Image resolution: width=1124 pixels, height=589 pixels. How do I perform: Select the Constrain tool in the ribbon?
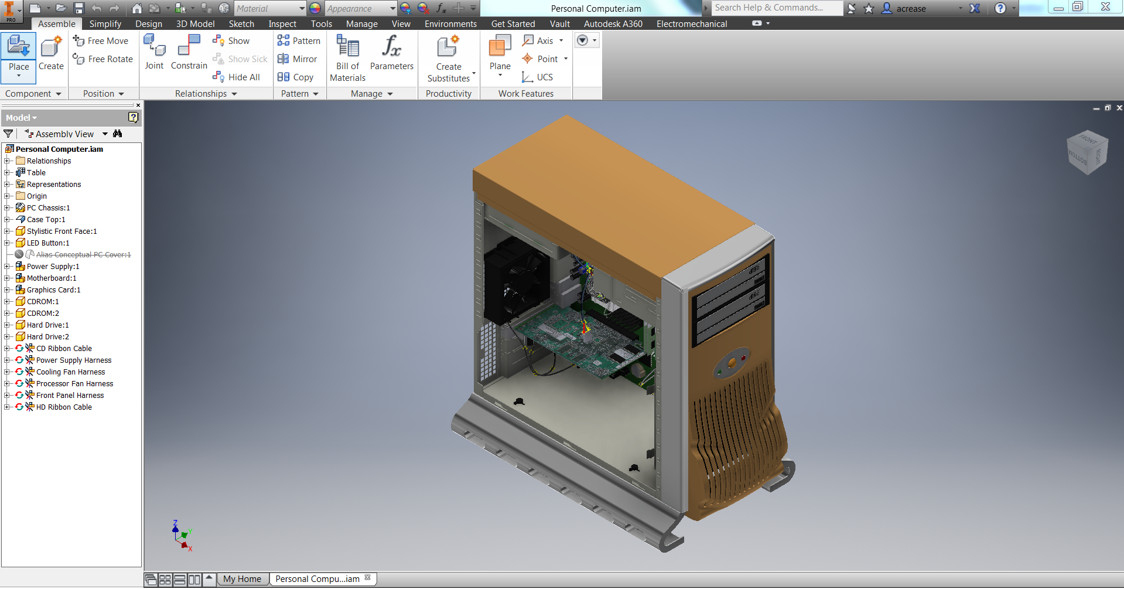coord(189,53)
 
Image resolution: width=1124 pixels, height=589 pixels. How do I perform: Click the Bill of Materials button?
coord(347,59)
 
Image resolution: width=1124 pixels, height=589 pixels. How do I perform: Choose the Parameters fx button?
coord(391,53)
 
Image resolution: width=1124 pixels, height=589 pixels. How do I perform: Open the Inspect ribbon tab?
coord(282,24)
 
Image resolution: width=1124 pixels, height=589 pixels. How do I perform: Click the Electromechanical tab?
coord(691,24)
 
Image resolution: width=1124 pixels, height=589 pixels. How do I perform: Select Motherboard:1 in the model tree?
coord(52,278)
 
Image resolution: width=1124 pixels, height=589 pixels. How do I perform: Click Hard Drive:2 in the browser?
coord(47,337)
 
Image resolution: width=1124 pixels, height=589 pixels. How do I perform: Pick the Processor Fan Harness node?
coord(74,384)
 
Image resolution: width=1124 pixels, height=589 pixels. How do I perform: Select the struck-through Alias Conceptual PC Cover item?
coord(83,255)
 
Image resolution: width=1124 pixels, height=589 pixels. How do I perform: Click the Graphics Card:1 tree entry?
coord(53,290)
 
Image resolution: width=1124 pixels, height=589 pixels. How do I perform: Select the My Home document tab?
coord(242,579)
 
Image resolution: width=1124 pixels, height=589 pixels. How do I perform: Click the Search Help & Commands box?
coord(776,8)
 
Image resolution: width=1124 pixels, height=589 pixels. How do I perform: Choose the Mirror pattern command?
coord(298,59)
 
